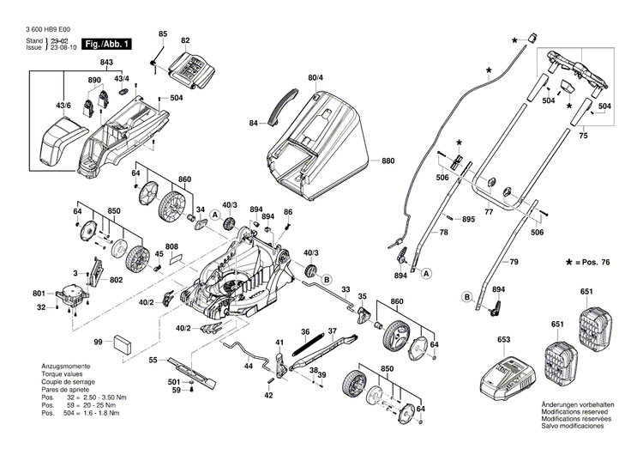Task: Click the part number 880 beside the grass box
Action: (388, 161)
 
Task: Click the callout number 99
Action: (98, 343)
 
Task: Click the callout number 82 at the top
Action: (184, 41)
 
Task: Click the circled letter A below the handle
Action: (426, 274)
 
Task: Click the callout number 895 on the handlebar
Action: (468, 221)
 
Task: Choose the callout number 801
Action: (39, 294)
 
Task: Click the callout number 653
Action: (504, 340)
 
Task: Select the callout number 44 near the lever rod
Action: (248, 366)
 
